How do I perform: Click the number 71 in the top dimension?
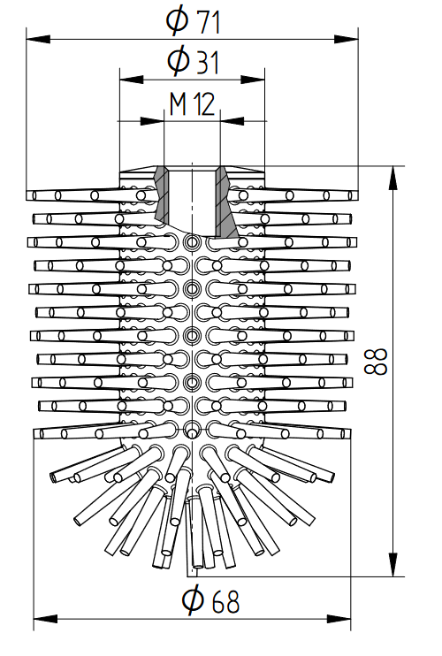(x=209, y=22)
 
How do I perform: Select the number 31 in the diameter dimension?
(x=208, y=62)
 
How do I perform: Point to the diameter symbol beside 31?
(x=179, y=61)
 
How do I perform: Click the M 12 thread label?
(x=193, y=104)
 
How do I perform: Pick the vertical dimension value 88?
(x=376, y=362)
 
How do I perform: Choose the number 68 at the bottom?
(x=225, y=601)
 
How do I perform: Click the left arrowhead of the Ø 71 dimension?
(x=38, y=39)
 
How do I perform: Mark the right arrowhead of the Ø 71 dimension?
(x=347, y=39)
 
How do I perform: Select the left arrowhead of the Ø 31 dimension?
(x=132, y=80)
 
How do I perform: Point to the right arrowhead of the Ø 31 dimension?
(x=253, y=80)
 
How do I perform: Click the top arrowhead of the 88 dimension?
(x=393, y=179)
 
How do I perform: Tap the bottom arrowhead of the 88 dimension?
(x=393, y=564)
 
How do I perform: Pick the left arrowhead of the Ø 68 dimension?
(x=45, y=619)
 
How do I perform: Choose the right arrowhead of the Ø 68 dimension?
(x=339, y=619)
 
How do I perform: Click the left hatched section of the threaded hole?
(x=162, y=194)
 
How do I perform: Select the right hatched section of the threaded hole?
(x=225, y=202)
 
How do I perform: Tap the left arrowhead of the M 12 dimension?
(x=152, y=121)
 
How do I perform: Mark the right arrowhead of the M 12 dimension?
(x=232, y=121)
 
